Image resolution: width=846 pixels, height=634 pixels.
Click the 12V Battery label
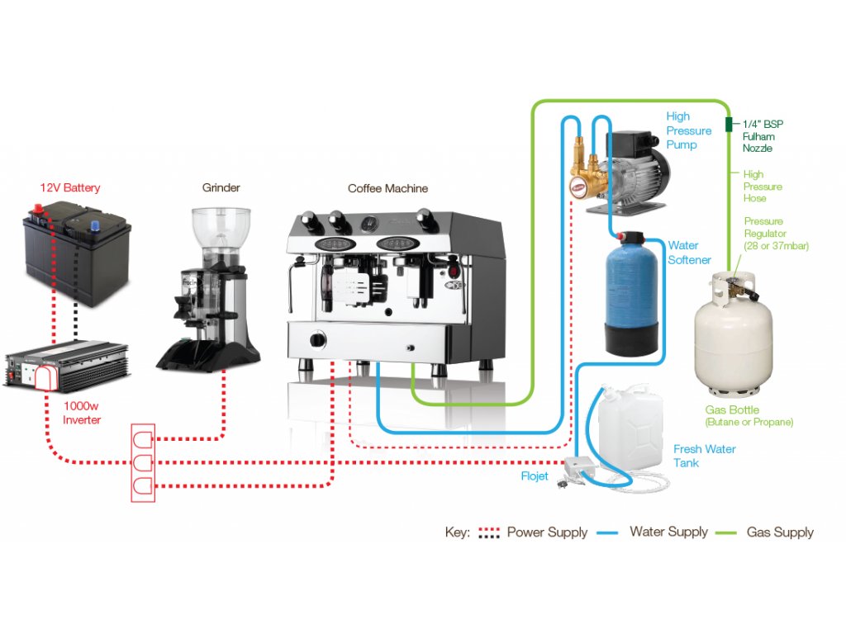tap(70, 187)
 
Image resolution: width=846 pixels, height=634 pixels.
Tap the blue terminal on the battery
tap(96, 225)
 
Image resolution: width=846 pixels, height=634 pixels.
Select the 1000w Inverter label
tap(82, 413)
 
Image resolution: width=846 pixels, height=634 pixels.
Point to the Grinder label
tap(221, 187)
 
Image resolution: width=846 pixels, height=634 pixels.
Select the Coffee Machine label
tap(388, 189)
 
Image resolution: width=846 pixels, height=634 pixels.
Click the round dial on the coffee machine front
tap(317, 340)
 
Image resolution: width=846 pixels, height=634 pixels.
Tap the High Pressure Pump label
tap(688, 130)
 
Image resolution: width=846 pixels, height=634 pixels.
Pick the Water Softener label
tap(690, 253)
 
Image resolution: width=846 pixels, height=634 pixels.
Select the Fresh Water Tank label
tap(704, 456)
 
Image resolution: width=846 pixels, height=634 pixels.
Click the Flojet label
tap(535, 476)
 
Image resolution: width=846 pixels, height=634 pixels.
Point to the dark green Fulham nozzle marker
tap(729, 125)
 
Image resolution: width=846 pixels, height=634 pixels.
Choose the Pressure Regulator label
tap(776, 234)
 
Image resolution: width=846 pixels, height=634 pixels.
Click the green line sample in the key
tap(725, 533)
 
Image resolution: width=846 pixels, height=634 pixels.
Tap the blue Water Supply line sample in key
tap(607, 533)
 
